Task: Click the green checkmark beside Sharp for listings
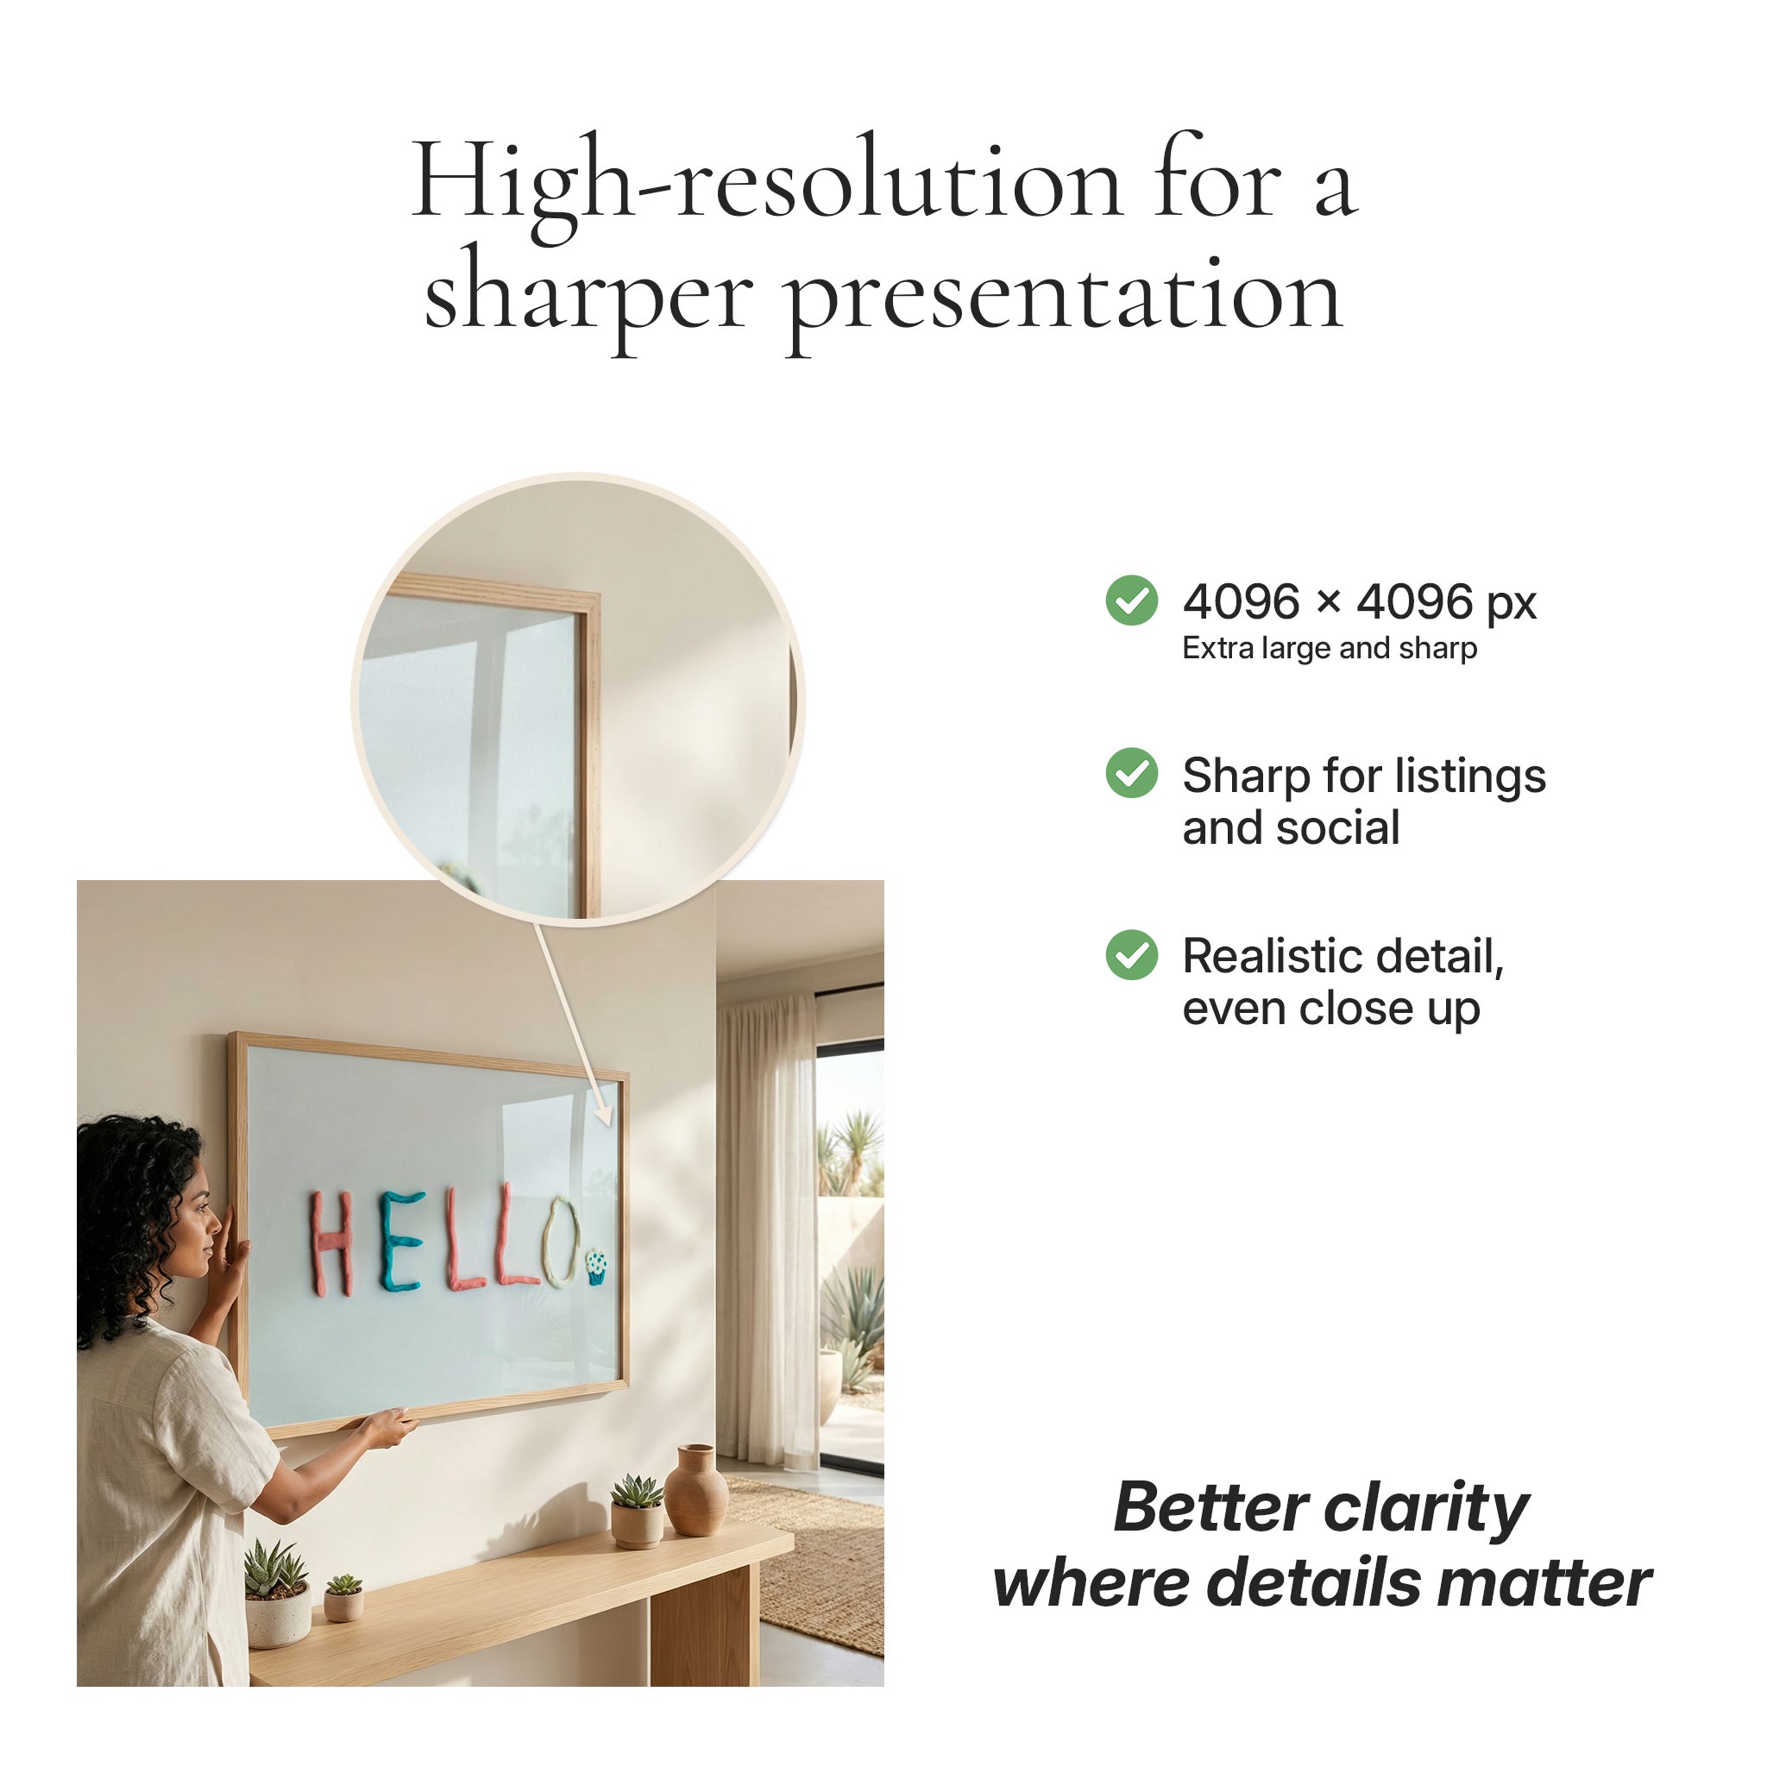coord(1131,773)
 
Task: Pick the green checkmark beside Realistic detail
coord(1131,955)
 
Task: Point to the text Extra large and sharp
coord(1329,649)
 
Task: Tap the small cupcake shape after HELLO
coord(595,1267)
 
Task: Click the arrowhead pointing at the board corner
coord(604,1114)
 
